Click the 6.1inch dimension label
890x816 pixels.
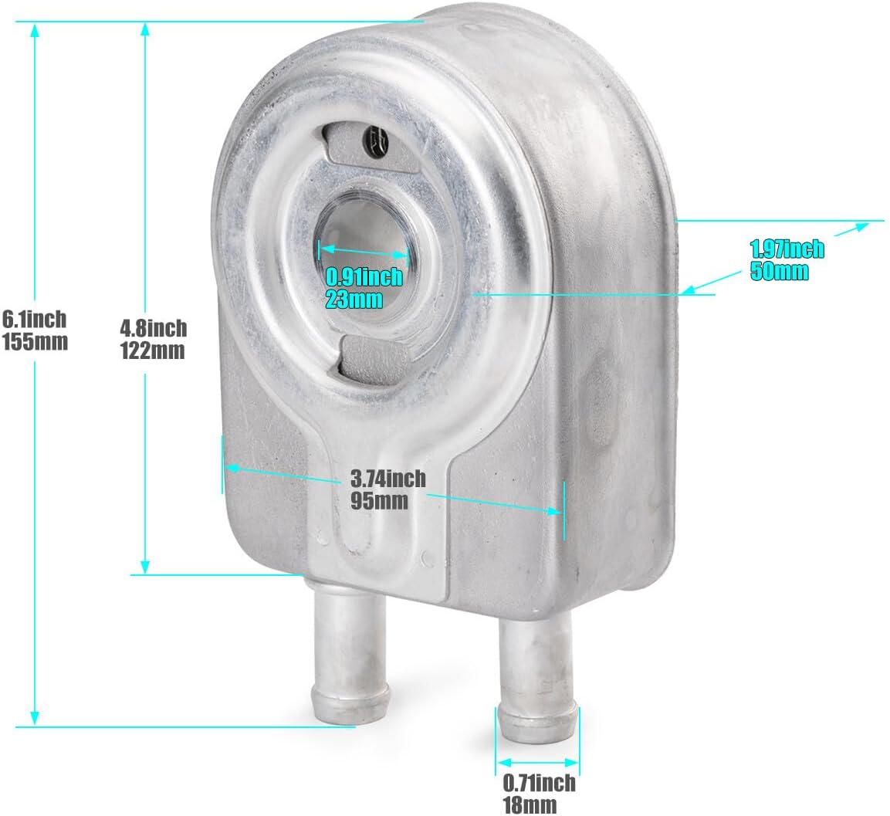(x=34, y=319)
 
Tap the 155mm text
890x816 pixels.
(x=36, y=342)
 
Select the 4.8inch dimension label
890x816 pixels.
(x=154, y=327)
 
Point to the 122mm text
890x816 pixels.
(x=152, y=350)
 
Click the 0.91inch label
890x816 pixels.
(x=364, y=276)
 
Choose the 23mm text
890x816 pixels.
(x=354, y=299)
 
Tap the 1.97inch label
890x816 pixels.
(x=787, y=249)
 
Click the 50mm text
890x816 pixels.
(x=780, y=271)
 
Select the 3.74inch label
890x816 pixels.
(x=387, y=478)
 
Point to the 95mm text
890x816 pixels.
(x=379, y=501)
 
